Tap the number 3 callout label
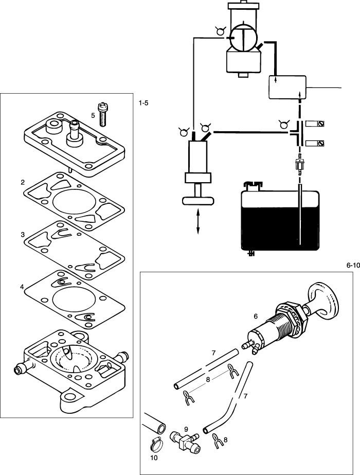pos(23,235)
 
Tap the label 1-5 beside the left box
pos(143,103)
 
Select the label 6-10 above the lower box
pos(352,266)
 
